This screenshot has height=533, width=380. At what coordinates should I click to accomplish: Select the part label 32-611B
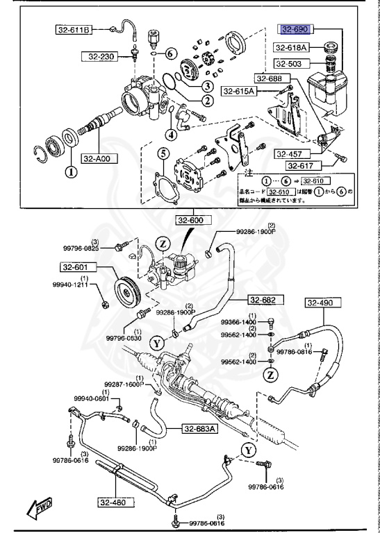click(x=74, y=29)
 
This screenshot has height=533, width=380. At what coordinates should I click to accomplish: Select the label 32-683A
click(x=200, y=428)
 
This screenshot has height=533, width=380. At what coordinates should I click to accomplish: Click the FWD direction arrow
click(x=40, y=511)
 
